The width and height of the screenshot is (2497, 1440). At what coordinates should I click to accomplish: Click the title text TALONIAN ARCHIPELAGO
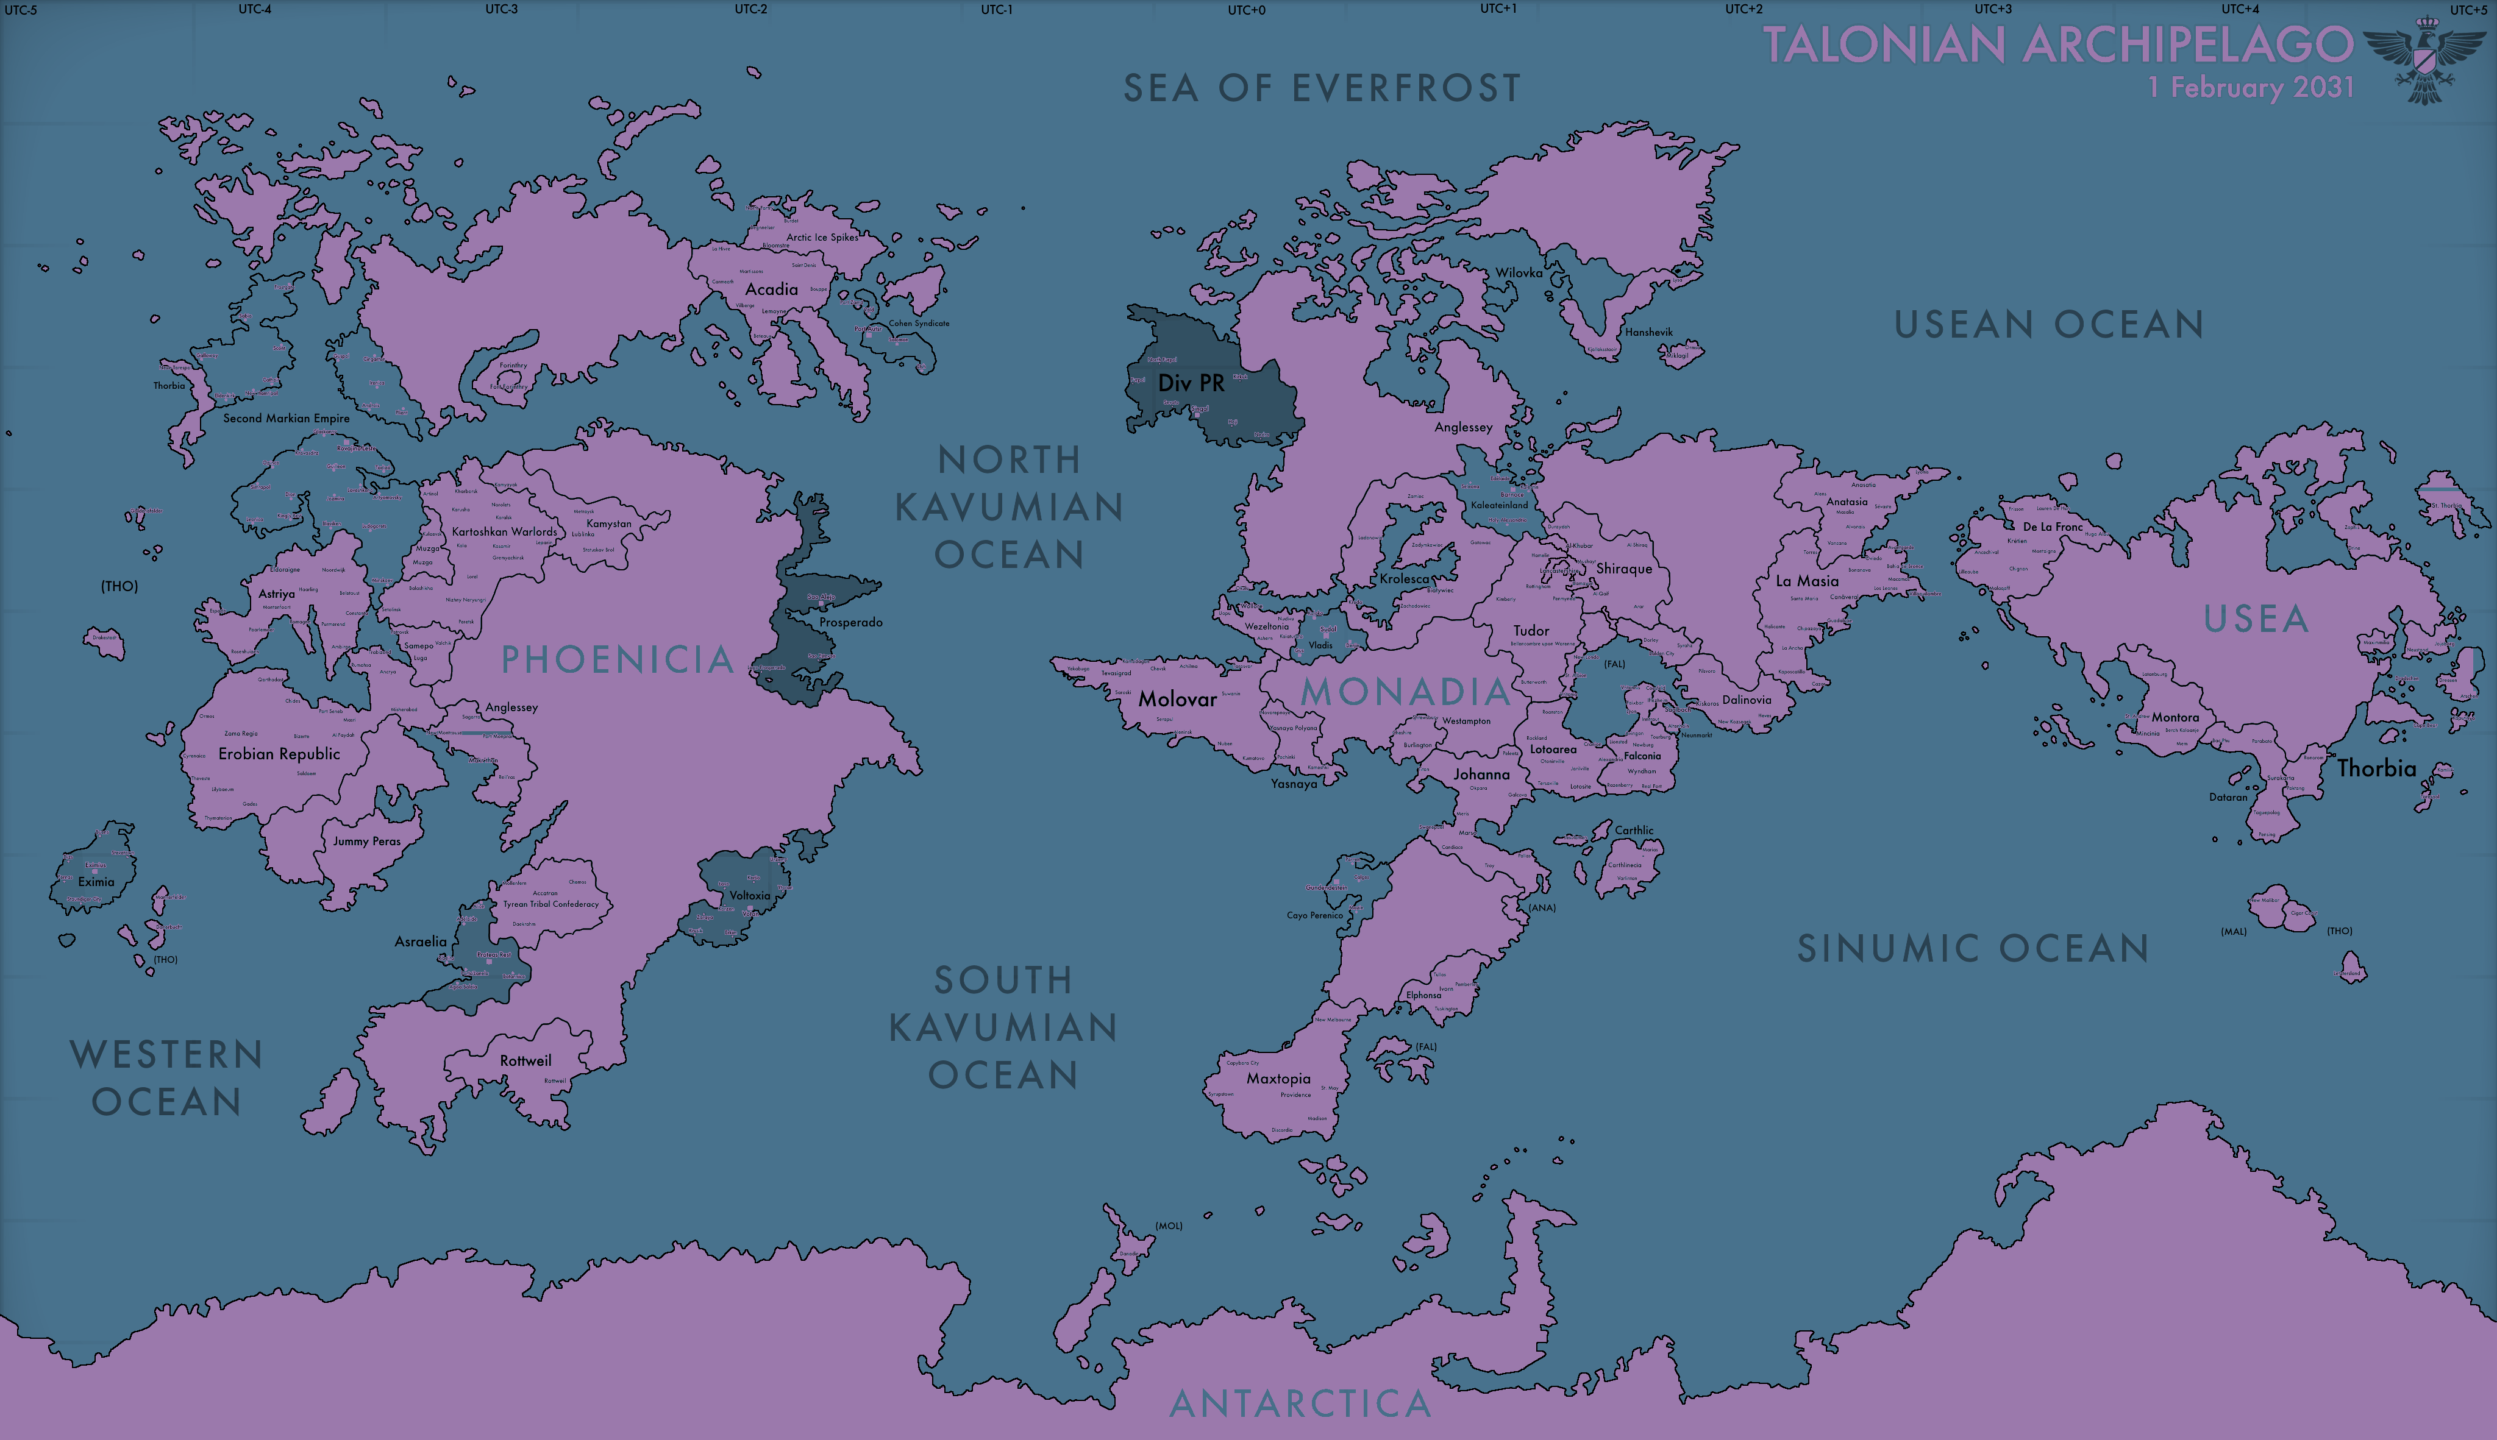2057,44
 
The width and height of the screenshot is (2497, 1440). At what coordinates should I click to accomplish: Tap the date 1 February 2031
2251,87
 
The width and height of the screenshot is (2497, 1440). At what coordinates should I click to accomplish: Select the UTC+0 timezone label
1247,10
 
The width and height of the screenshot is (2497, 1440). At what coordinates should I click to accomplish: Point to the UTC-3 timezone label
502,9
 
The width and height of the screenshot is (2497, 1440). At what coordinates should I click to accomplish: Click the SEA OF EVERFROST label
1322,88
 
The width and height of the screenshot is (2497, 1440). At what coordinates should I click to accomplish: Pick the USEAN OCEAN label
2049,324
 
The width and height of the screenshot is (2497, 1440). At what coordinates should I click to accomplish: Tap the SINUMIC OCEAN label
1973,948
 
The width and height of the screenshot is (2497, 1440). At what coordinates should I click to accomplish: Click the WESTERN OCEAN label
166,1078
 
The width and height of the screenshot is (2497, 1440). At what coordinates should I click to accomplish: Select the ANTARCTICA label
1300,1403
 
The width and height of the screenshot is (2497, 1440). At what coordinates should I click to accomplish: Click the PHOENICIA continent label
618,660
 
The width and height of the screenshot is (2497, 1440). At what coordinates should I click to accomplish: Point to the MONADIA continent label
1405,692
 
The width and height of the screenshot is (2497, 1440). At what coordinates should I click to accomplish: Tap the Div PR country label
1191,383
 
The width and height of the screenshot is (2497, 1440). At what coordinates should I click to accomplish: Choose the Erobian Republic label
279,754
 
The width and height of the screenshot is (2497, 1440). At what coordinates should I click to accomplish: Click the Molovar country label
1177,699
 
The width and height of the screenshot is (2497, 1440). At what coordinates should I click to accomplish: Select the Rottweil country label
525,1061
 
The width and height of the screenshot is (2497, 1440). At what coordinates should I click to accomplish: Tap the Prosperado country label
851,622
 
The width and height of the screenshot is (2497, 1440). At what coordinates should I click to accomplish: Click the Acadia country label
772,290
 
